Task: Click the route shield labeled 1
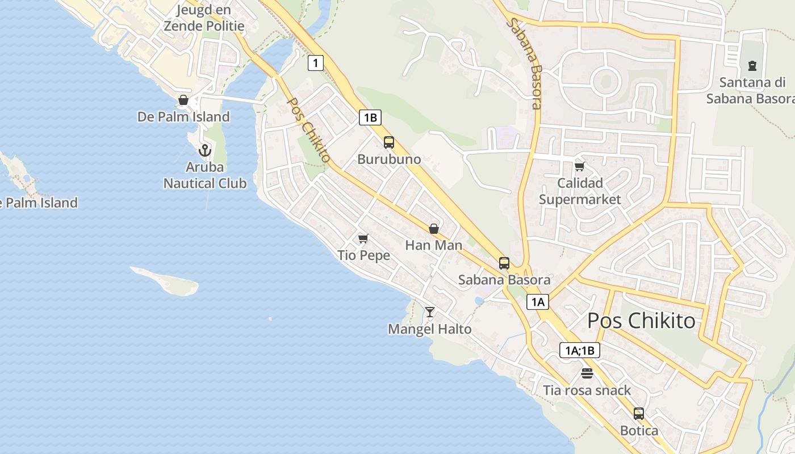tap(316, 62)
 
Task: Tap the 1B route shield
tap(370, 117)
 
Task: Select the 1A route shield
tap(538, 302)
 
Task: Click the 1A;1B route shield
tap(579, 350)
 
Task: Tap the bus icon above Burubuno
tap(389, 142)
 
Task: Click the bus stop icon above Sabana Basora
tap(504, 263)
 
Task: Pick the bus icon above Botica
tap(639, 414)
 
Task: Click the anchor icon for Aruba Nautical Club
tap(204, 150)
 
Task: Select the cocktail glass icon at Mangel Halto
tap(430, 312)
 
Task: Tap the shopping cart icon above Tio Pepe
tap(363, 238)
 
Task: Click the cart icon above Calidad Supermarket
tap(580, 166)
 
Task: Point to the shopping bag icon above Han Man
tap(434, 229)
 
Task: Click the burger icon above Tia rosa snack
tap(587, 373)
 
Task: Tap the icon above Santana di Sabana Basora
tap(752, 66)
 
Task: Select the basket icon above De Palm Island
tap(183, 100)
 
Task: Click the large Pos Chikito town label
tap(641, 321)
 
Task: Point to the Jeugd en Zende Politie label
tap(204, 18)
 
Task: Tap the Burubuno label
tap(389, 159)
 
